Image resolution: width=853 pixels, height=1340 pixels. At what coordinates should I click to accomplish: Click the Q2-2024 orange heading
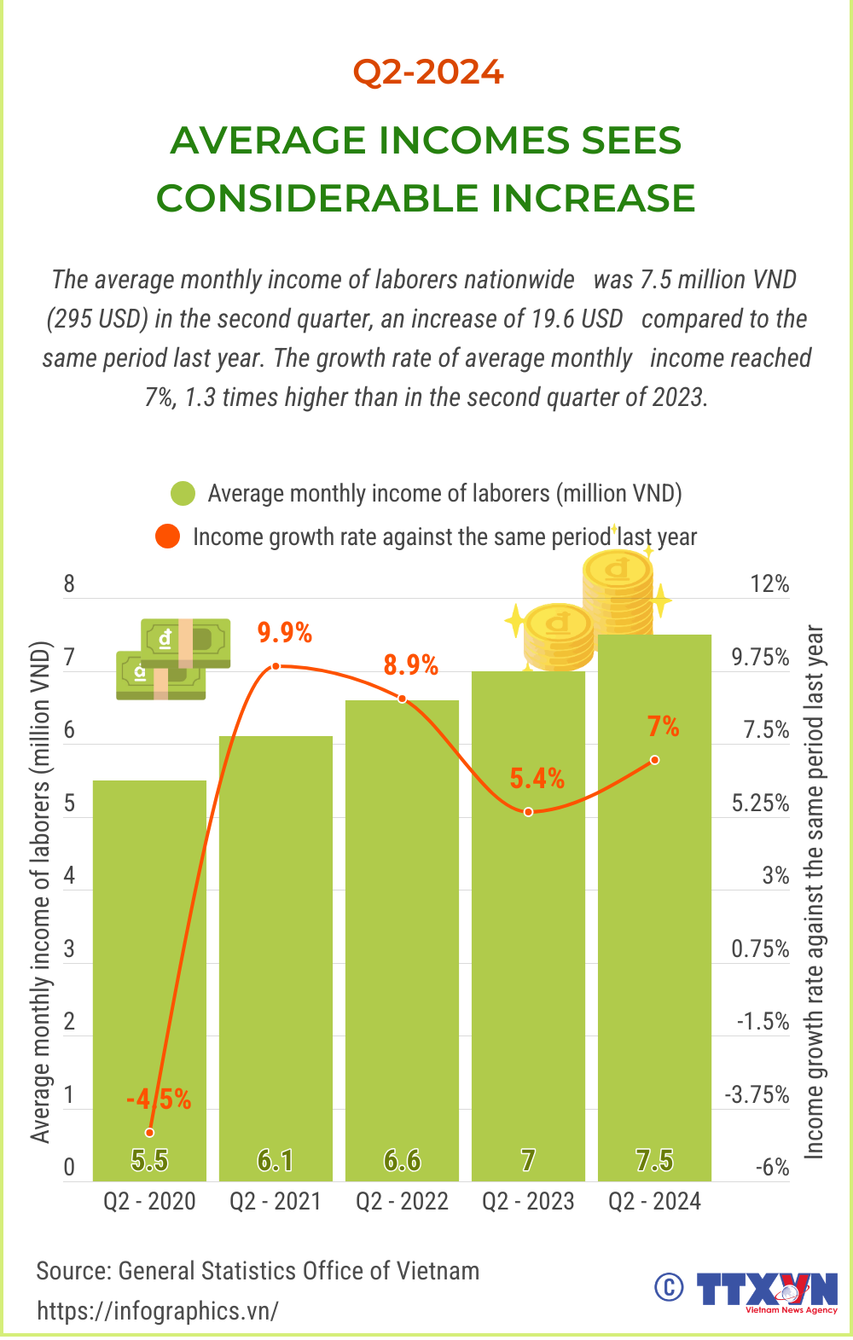(428, 72)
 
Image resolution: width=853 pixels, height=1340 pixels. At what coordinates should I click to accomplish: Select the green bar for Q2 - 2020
(149, 981)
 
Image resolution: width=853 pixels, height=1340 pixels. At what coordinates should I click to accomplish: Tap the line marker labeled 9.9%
(276, 666)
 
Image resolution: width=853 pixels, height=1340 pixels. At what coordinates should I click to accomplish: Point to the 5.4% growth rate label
(537, 778)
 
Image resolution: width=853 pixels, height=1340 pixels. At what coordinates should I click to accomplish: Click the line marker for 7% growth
(654, 759)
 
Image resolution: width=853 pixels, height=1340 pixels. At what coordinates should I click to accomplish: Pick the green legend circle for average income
(183, 494)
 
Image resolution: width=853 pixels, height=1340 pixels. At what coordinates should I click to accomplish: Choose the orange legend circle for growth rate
(167, 537)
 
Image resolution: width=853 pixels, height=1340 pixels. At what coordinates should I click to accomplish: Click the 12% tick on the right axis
(769, 584)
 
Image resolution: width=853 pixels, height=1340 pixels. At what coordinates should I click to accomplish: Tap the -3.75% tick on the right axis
(757, 1094)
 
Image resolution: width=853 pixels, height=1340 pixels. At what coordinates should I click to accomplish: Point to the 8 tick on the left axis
(69, 584)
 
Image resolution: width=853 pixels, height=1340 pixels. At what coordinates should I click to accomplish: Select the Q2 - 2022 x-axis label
(402, 1201)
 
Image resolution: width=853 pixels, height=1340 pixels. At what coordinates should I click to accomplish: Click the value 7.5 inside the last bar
(654, 1160)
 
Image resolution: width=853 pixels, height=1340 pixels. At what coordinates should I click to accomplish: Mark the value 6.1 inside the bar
(276, 1160)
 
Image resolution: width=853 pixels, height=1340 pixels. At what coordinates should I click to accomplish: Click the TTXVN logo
(766, 1291)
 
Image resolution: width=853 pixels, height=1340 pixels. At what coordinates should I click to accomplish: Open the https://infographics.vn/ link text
(158, 1311)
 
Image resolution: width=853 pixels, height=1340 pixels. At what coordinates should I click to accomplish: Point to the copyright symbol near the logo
(669, 1287)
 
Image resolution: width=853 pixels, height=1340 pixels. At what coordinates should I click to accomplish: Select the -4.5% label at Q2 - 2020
(159, 1099)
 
